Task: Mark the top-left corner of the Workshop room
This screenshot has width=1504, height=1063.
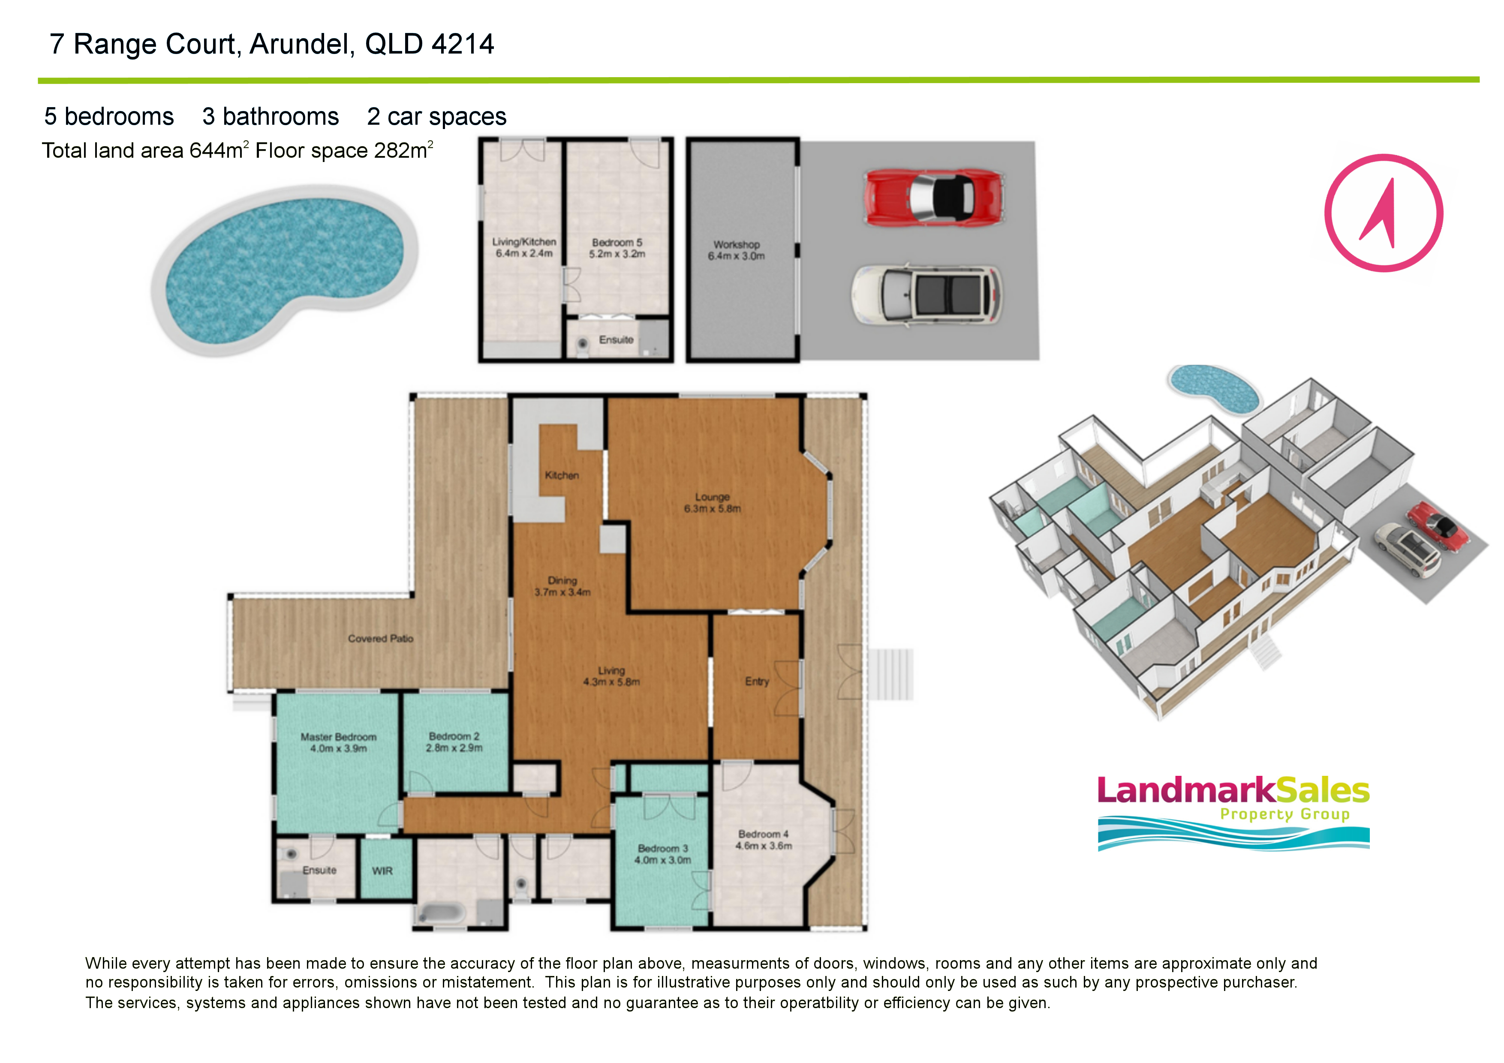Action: (x=688, y=139)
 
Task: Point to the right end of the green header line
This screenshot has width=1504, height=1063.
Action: (x=1479, y=80)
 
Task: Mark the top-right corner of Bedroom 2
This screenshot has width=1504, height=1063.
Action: (x=509, y=692)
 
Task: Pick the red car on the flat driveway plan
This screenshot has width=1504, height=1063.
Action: (x=933, y=198)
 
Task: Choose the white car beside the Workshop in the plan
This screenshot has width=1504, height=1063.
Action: (x=926, y=295)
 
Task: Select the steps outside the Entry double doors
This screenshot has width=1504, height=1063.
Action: (x=891, y=675)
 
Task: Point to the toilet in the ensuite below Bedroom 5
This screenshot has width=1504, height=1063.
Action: (x=582, y=345)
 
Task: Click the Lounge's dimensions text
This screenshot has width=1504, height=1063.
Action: (x=713, y=509)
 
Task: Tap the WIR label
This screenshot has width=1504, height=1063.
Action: (x=382, y=871)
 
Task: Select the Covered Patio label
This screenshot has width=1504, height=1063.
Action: (x=381, y=639)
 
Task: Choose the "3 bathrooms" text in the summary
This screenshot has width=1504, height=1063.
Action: (x=271, y=117)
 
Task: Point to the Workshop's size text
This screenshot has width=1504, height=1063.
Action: (x=736, y=256)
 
